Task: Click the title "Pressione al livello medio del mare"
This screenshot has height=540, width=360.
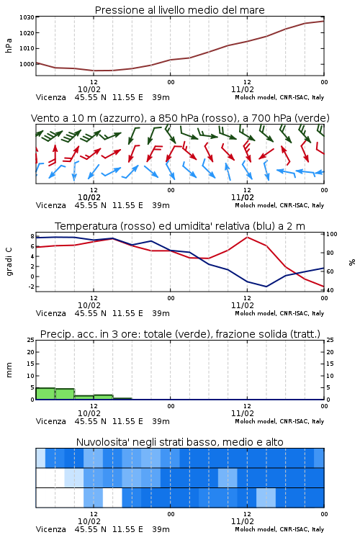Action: point(179,10)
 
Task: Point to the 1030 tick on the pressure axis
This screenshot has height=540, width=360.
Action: point(27,17)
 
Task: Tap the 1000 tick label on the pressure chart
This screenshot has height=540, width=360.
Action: point(27,64)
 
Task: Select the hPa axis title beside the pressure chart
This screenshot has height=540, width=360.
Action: point(9,45)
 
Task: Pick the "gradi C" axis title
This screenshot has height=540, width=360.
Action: point(9,261)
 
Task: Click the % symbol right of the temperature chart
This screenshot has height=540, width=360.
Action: point(352,262)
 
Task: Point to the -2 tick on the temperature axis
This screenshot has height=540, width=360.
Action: point(31,287)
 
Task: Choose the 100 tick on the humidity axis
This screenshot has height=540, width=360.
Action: point(332,234)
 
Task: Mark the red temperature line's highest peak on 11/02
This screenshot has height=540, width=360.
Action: point(247,237)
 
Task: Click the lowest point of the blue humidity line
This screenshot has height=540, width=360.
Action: point(266,287)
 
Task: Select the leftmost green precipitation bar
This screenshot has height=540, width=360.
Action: point(45,394)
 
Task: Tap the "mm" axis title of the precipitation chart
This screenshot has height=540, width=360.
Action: point(9,370)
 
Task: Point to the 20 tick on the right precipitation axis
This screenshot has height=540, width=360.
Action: point(330,352)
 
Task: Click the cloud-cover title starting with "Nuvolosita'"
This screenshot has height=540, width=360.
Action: point(179,442)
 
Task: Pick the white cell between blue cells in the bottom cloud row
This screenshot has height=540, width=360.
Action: point(112,498)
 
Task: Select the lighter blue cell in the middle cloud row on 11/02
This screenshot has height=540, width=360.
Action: point(228,477)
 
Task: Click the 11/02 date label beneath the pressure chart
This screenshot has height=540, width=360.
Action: point(242,89)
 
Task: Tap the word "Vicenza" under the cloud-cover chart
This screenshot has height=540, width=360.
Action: point(50,529)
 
